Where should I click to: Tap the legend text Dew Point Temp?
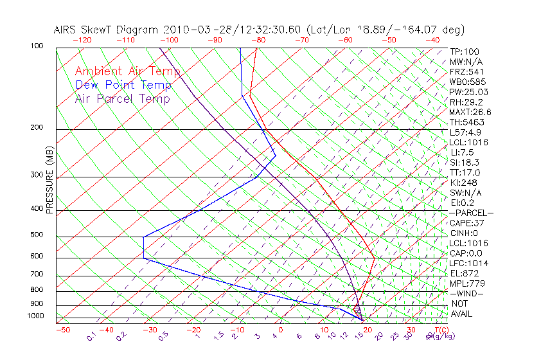tap(123, 85)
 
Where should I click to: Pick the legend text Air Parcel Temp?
tap(122, 98)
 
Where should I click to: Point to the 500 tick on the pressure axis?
tap(37, 235)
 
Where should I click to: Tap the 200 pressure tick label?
tap(37, 128)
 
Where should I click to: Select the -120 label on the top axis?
tap(82, 40)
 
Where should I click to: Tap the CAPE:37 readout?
tap(466, 223)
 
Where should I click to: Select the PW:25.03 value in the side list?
tap(466, 92)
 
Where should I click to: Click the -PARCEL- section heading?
tap(471, 213)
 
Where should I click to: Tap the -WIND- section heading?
tap(466, 293)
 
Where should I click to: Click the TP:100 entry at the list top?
tap(464, 51)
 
